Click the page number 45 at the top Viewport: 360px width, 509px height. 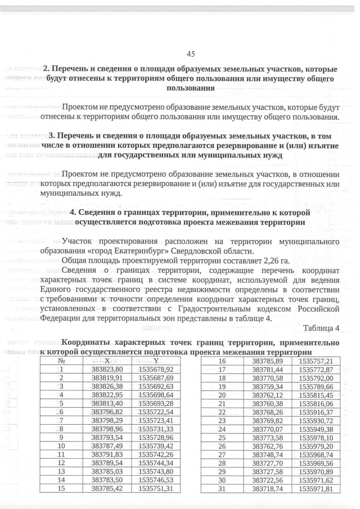190,54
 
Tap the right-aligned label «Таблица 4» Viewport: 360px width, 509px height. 321,328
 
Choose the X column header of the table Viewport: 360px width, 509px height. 107,361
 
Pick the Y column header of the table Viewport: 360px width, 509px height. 156,361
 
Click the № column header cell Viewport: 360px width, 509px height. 60,361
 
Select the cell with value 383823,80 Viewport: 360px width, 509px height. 107,369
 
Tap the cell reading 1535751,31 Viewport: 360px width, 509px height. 156,488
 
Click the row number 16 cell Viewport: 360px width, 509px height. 221,361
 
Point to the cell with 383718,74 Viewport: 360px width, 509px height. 268,489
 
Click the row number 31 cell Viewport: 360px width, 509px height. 221,489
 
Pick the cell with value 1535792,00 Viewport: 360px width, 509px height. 316,378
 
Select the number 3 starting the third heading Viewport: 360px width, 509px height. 52,136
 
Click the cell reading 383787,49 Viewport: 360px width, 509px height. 107,445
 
